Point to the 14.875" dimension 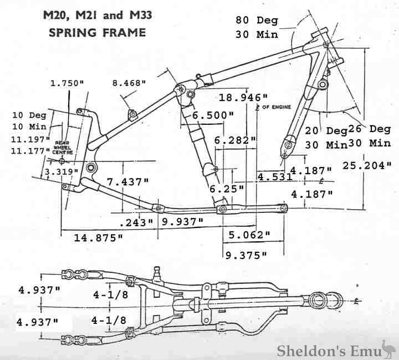point(98,238)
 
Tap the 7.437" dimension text point(128,181)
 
